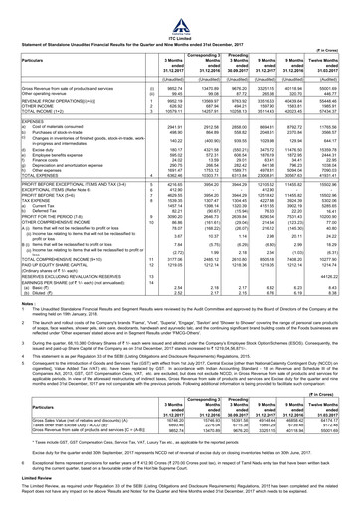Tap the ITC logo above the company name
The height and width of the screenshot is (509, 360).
pyautogui.click(x=180, y=4)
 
